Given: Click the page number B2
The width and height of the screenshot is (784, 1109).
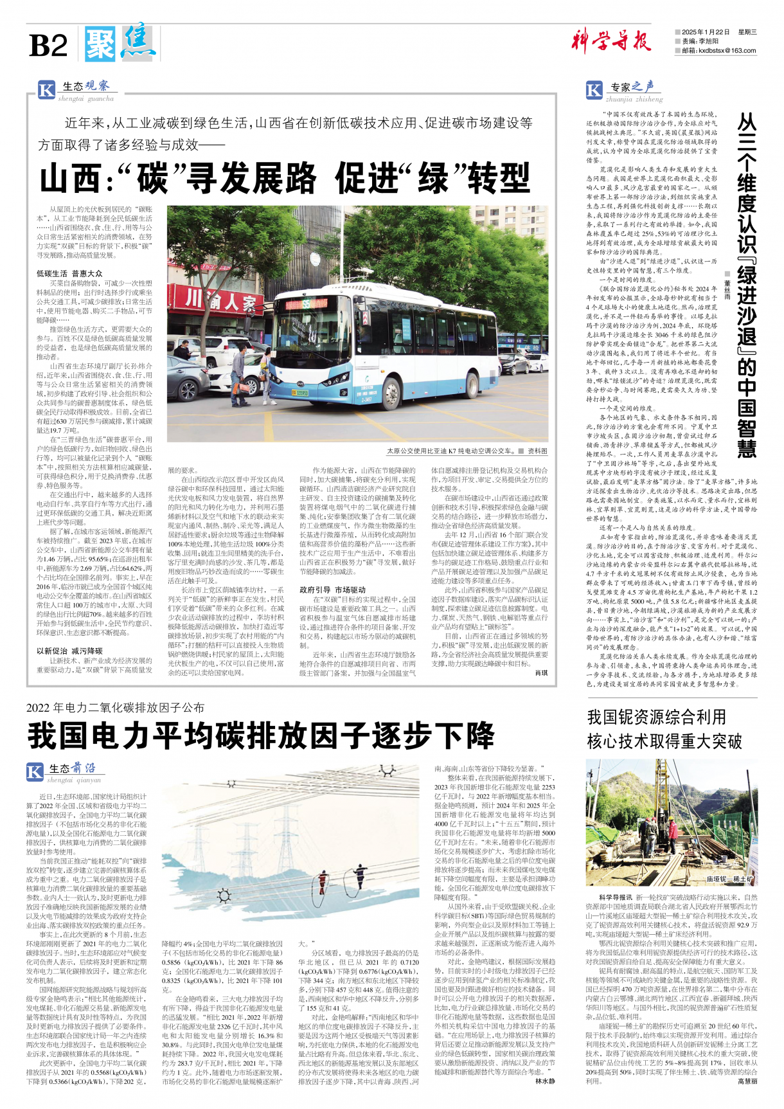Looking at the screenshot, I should (48, 46).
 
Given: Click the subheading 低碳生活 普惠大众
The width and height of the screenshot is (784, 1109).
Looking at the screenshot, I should (69, 273).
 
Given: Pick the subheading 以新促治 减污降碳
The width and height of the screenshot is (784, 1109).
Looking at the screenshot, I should (69, 651).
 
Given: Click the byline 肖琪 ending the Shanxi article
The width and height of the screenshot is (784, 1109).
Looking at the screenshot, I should (541, 673).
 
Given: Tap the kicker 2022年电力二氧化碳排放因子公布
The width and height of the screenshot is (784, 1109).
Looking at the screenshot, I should (116, 708).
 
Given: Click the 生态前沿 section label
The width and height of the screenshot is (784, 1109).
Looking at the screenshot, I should (72, 768).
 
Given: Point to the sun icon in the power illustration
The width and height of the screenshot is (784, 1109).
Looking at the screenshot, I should (224, 895).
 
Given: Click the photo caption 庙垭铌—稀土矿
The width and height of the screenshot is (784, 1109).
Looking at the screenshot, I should (729, 879).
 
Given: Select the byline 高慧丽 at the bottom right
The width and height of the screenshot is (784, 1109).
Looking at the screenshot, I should (747, 1081).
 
